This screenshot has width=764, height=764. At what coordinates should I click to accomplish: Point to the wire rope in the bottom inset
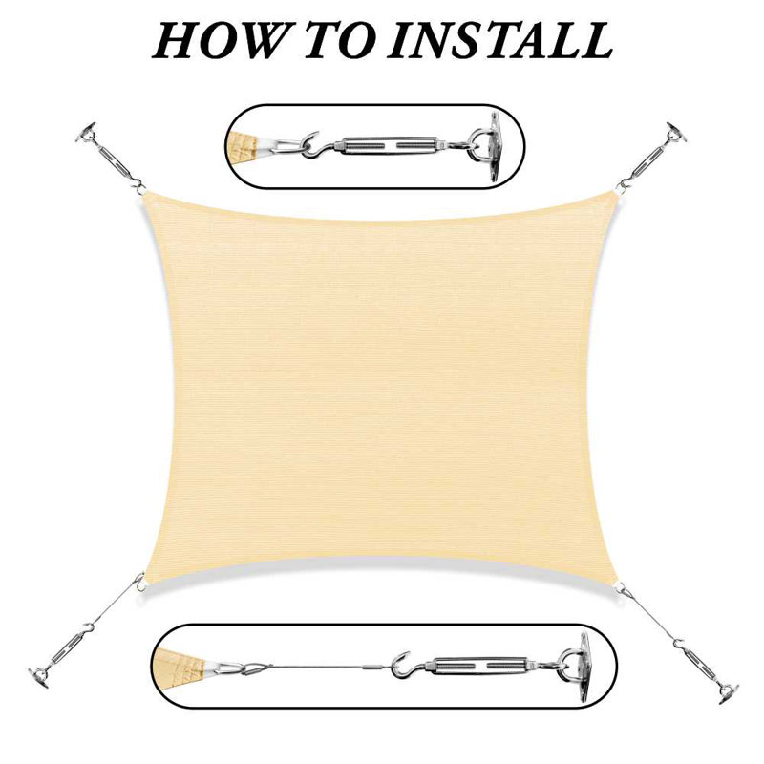tap(315, 665)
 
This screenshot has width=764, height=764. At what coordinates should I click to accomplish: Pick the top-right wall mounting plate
tap(675, 130)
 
